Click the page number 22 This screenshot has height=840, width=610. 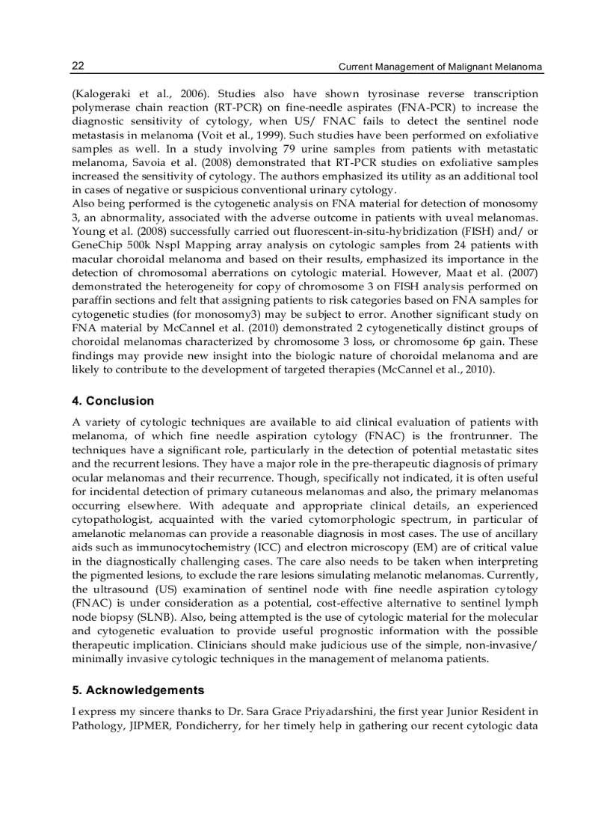(x=78, y=67)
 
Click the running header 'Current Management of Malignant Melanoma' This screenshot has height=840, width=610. (x=440, y=67)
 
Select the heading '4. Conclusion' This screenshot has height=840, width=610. (x=113, y=401)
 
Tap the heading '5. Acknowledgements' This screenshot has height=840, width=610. (x=138, y=690)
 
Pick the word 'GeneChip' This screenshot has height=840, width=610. (x=96, y=244)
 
